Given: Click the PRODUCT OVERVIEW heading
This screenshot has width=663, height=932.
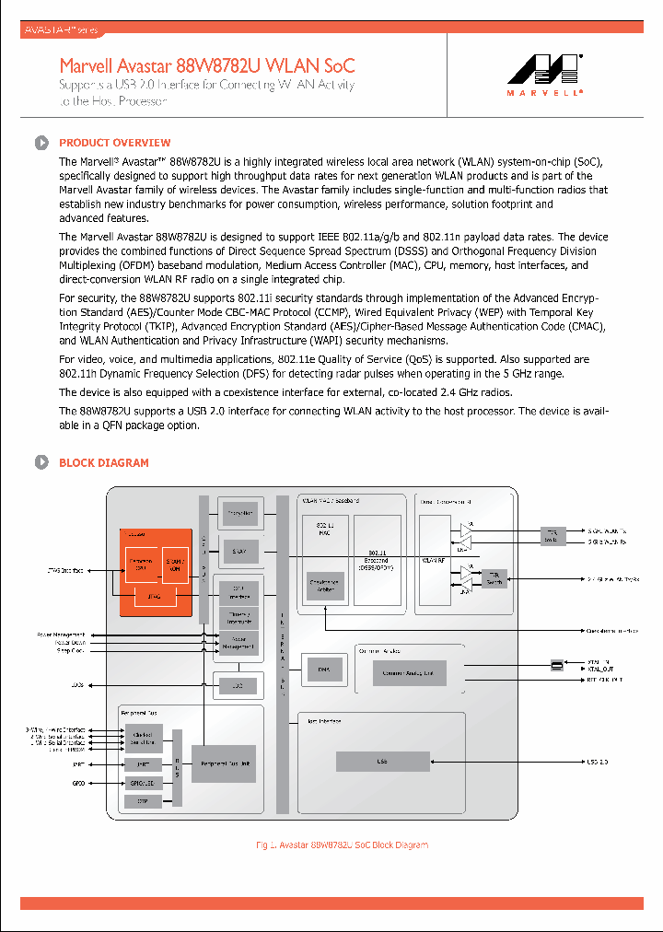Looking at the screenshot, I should pos(114,143).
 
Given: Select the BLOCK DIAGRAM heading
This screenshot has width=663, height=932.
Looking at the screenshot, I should pos(103,462).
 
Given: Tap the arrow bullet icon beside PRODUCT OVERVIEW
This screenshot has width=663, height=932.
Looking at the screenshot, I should pos(41,143).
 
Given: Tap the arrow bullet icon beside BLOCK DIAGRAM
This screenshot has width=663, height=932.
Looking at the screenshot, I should pos(41,462).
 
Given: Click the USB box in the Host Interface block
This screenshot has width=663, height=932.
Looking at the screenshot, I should pos(382,762).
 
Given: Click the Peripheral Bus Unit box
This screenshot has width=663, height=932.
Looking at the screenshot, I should pos(222,763).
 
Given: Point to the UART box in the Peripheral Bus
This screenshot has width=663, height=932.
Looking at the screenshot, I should pos(144,764).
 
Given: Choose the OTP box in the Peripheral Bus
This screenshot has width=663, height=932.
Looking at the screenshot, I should pos(144,801).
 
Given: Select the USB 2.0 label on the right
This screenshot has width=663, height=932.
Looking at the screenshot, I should pos(599,762).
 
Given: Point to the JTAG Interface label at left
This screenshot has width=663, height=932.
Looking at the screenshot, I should pos(66,571).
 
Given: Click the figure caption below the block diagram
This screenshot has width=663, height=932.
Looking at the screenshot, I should pos(342,845).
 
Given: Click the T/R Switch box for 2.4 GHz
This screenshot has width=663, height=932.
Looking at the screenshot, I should pos(495,578).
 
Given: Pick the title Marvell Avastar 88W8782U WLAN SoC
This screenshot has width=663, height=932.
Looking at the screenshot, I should pos(207,66).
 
